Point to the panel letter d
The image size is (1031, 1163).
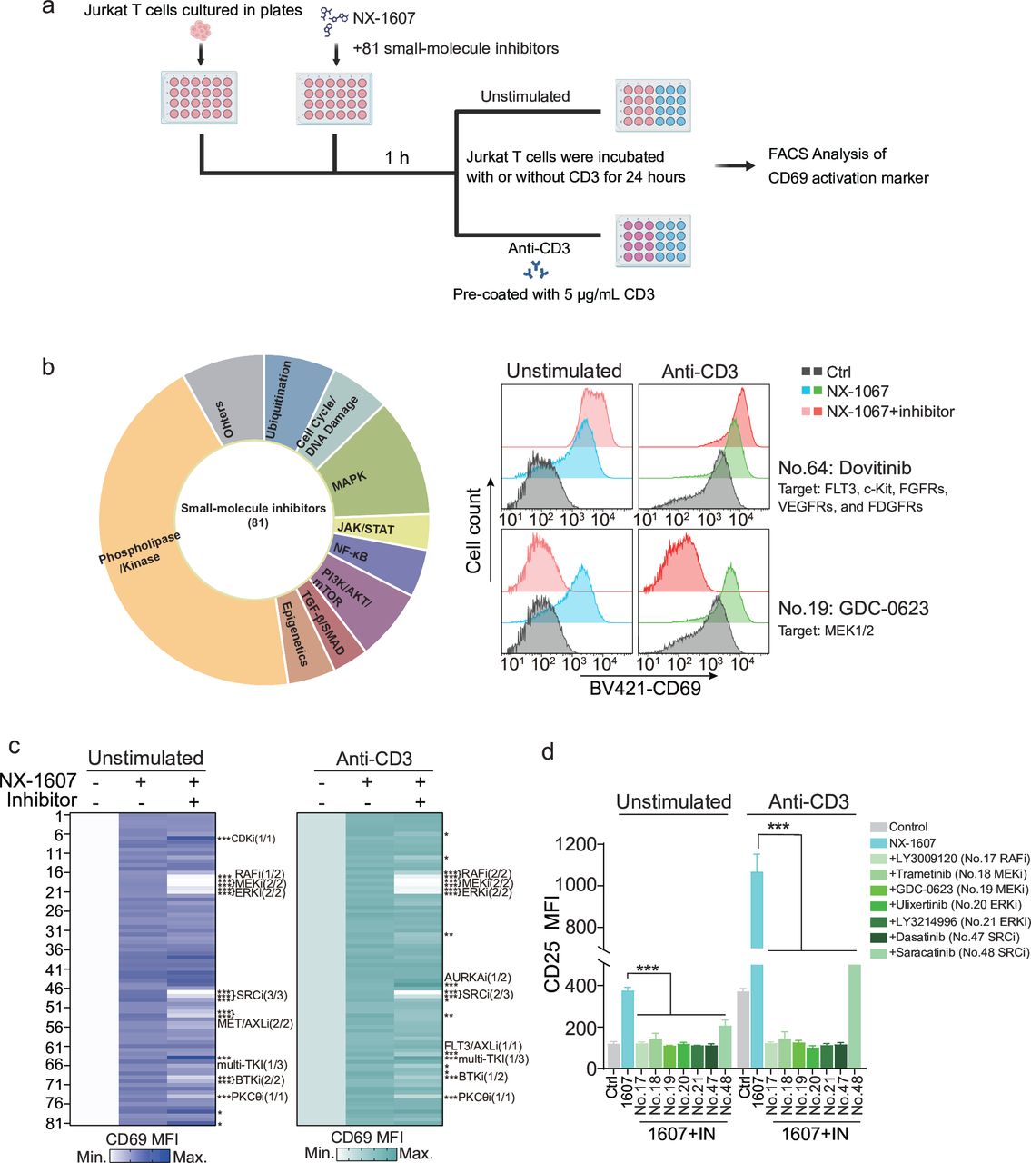coord(548,752)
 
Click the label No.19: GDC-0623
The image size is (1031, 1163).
coord(853,609)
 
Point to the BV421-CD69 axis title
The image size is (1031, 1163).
coord(645,689)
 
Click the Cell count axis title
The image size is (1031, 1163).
coord(474,531)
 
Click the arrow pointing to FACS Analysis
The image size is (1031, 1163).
coord(734,166)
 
